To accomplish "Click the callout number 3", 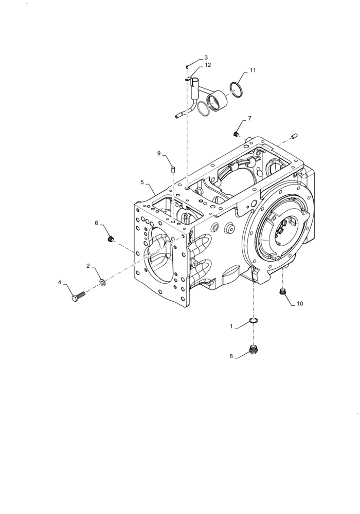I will tap(206, 58).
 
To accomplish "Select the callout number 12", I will tap(207, 65).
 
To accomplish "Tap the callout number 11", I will tap(253, 69).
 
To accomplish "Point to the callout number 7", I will tap(249, 118).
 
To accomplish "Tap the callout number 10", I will tap(299, 303).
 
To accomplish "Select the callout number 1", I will tap(231, 326).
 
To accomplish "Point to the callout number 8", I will tap(231, 355).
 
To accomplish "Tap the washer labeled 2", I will tap(102, 282).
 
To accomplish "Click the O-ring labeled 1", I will tap(253, 321).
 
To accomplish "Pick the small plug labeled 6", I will tap(110, 239).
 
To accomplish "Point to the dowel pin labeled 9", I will tap(173, 168).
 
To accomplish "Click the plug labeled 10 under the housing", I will tap(282, 292).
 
